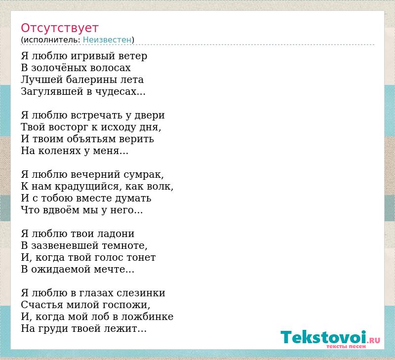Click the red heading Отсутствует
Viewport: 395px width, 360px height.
point(59,28)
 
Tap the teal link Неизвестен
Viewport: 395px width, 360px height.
point(107,40)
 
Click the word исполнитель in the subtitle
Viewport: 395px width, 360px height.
point(52,40)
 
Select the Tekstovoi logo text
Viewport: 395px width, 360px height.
point(323,337)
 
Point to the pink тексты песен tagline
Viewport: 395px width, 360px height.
point(346,346)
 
